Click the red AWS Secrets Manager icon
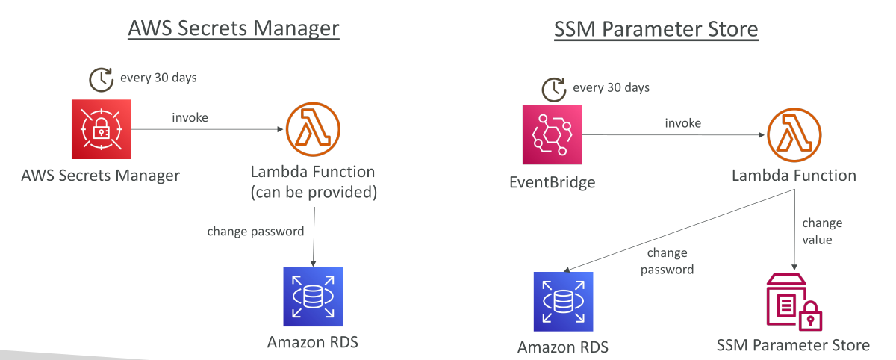102,129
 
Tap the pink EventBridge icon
552,134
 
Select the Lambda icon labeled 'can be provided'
313,129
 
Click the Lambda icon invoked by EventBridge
794,134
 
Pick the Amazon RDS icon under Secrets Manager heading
313,297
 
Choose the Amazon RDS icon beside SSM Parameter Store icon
563,302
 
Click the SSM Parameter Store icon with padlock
794,302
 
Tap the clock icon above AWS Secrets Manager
102,80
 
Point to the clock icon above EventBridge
554,90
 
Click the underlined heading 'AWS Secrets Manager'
234,28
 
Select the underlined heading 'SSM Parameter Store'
656,29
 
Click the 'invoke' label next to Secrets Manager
190,117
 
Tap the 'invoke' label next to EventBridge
682,123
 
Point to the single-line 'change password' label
255,232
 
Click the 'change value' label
822,232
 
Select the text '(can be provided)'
314,193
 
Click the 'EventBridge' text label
552,182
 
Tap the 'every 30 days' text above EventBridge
612,87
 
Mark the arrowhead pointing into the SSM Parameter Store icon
794,267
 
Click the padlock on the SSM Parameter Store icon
810,317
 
